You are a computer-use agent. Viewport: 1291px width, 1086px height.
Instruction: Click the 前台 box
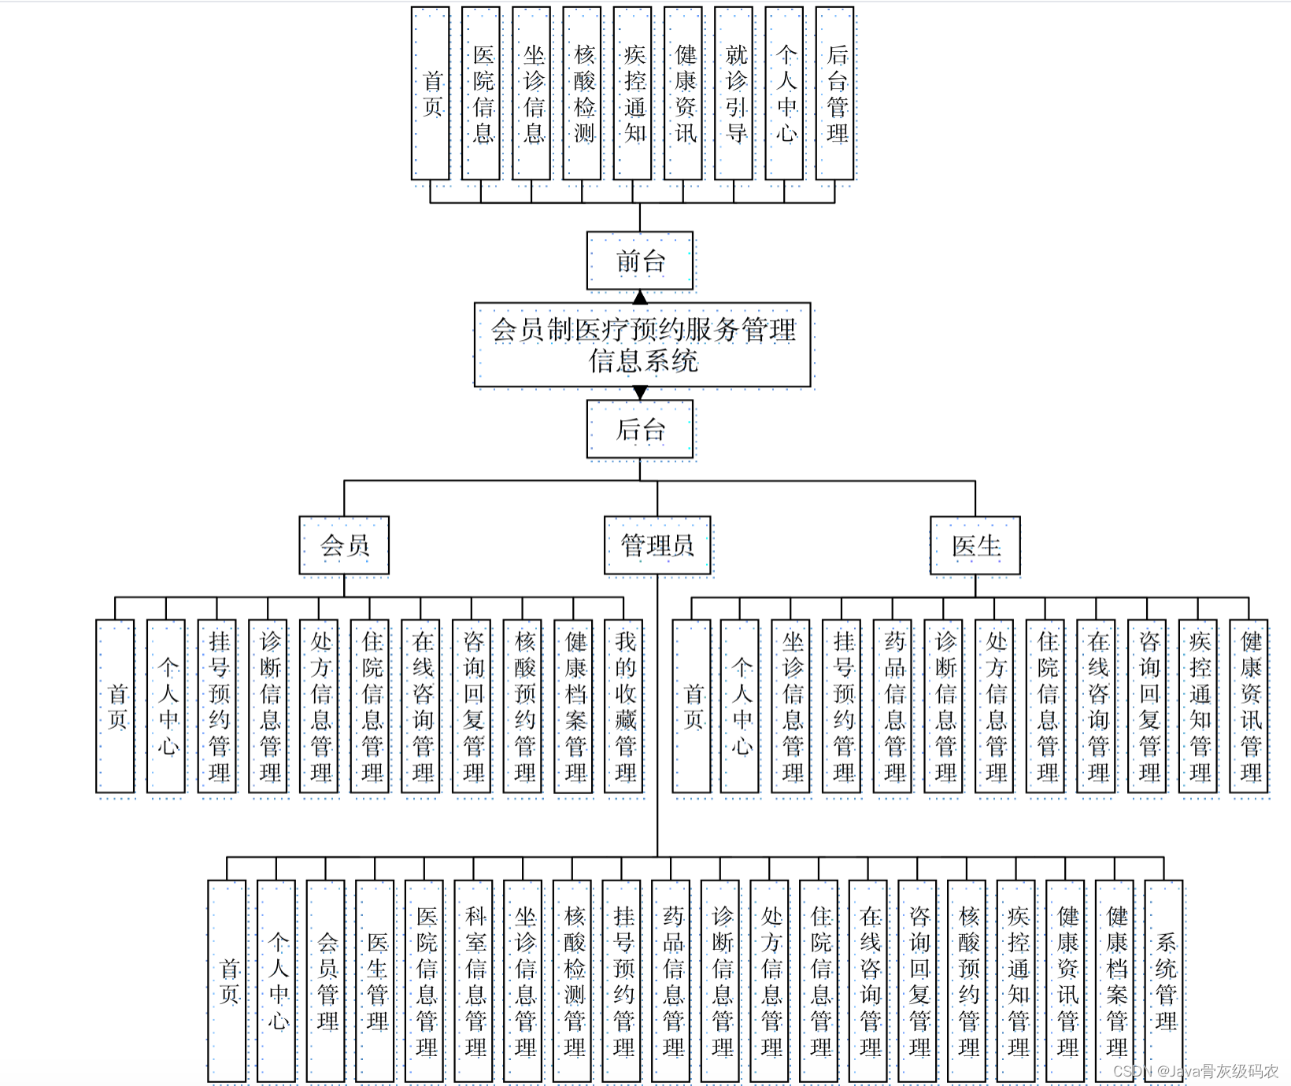click(x=640, y=260)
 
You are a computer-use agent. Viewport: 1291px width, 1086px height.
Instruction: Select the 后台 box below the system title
click(x=640, y=429)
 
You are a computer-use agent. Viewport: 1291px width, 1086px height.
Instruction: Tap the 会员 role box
click(x=344, y=545)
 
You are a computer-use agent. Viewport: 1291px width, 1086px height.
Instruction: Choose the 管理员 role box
click(x=657, y=545)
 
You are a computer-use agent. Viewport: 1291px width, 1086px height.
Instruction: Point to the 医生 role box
click(x=975, y=545)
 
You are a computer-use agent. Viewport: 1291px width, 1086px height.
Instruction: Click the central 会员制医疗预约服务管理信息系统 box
click(x=642, y=345)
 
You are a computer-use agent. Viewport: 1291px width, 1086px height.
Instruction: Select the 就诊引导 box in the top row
click(x=734, y=94)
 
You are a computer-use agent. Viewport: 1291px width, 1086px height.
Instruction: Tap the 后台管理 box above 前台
click(x=835, y=94)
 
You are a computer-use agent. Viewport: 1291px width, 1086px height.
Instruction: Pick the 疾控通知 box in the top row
click(x=633, y=94)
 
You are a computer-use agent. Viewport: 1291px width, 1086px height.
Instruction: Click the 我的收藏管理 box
click(x=624, y=706)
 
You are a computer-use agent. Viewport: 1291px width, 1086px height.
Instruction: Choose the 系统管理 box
click(x=1163, y=981)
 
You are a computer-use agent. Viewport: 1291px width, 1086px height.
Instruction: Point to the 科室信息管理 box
click(x=474, y=981)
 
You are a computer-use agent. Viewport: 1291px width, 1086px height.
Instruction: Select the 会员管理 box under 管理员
click(x=326, y=981)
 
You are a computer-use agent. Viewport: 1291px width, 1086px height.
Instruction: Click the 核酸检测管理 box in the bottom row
click(x=573, y=981)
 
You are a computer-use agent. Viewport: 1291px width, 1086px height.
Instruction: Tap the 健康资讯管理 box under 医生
click(x=1249, y=706)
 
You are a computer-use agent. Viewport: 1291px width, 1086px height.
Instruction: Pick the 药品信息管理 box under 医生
click(x=893, y=706)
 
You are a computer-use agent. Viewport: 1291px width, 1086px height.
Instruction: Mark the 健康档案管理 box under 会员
click(x=574, y=706)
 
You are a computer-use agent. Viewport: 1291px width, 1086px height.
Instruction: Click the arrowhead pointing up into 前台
click(x=640, y=297)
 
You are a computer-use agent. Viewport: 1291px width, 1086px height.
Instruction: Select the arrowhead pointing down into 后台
click(x=640, y=392)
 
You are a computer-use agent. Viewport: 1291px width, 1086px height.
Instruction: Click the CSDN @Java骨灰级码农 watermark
click(x=1195, y=1071)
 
